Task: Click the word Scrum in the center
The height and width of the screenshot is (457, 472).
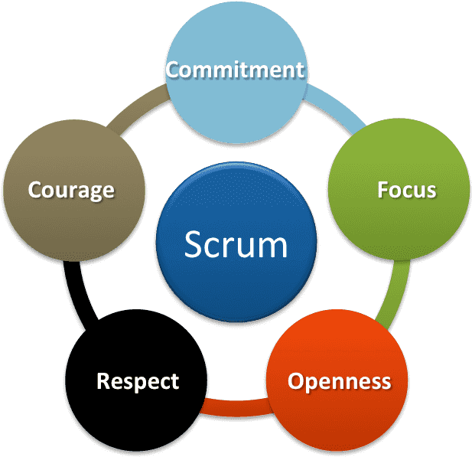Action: click(x=236, y=245)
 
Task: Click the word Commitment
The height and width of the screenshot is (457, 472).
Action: click(x=235, y=70)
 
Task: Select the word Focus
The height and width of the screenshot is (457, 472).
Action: click(x=406, y=190)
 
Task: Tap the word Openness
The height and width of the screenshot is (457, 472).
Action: click(x=339, y=380)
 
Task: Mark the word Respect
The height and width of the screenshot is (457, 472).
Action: click(x=138, y=380)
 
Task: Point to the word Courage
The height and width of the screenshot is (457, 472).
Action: click(x=71, y=190)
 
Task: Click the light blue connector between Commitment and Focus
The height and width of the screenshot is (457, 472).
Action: click(x=345, y=111)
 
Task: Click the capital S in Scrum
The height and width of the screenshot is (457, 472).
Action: click(x=194, y=245)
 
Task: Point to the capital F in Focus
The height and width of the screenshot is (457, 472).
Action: click(x=383, y=190)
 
